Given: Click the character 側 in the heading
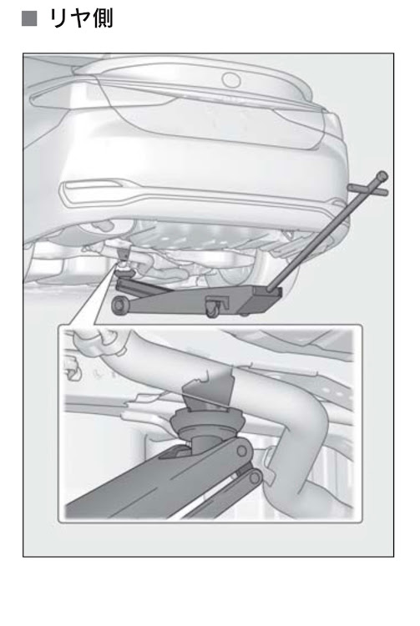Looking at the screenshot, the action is click(103, 18).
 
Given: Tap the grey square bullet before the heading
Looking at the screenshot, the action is click(29, 18).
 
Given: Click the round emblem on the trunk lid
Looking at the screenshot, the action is click(230, 79).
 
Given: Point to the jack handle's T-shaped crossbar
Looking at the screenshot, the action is click(367, 189).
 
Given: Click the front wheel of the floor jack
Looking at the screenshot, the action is click(119, 305).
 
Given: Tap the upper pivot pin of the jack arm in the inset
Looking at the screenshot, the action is click(240, 451).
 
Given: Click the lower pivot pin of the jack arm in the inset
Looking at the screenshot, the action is click(255, 477).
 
